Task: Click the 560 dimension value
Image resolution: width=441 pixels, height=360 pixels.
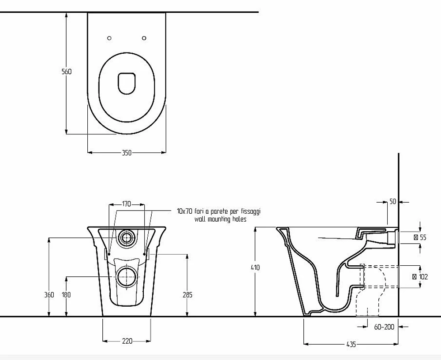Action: click(67, 72)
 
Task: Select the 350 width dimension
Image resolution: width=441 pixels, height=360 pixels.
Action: click(127, 153)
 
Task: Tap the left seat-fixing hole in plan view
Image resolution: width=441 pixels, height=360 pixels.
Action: click(109, 38)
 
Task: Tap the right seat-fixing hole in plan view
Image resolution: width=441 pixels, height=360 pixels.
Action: click(144, 38)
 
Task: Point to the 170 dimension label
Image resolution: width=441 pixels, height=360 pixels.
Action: click(127, 204)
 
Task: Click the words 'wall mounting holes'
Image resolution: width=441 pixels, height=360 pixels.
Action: click(220, 219)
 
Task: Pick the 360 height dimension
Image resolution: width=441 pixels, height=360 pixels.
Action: click(49, 295)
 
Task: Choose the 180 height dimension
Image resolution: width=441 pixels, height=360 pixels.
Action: click(67, 295)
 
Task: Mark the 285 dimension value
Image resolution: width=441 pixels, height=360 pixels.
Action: click(187, 295)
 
